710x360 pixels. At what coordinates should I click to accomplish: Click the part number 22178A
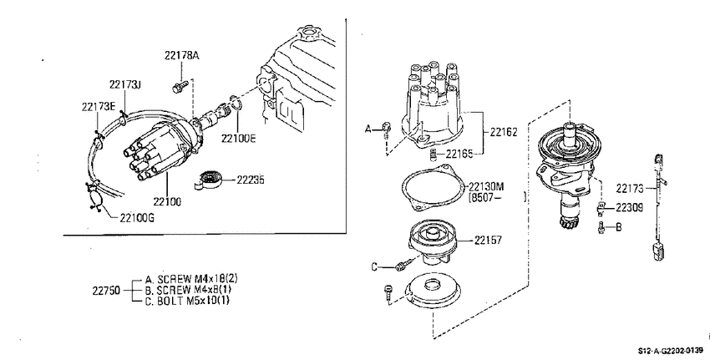point(181,56)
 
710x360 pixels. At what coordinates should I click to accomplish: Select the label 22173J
point(125,84)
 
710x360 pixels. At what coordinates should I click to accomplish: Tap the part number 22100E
point(238,138)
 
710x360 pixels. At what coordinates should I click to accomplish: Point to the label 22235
point(251,180)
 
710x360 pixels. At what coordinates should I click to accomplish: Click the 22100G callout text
point(137,218)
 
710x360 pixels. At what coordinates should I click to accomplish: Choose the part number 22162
point(503,132)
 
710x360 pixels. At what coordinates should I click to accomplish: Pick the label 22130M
point(486,186)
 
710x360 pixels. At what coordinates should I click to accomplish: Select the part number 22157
point(488,241)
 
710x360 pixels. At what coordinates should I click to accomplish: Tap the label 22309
point(629,208)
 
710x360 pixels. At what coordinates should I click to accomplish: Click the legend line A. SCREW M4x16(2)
point(191,279)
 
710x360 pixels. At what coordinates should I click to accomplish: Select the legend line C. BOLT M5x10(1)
point(187,301)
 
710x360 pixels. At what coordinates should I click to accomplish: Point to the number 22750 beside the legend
point(106,291)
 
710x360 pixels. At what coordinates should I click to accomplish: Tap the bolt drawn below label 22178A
point(180,87)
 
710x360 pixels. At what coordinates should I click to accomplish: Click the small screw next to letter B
point(601,228)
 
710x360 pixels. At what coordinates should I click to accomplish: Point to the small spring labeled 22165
point(433,155)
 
